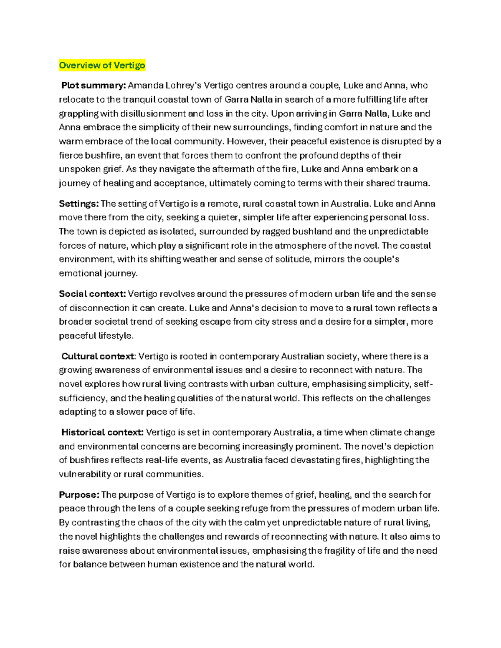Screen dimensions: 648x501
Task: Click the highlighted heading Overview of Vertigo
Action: pos(102,65)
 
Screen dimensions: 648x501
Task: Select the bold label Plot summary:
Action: pos(93,86)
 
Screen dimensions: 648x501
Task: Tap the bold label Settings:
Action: pos(79,204)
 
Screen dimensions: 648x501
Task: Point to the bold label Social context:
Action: pos(92,294)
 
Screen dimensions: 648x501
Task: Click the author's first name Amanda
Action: pos(146,86)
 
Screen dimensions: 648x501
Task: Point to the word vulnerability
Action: pos(85,474)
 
